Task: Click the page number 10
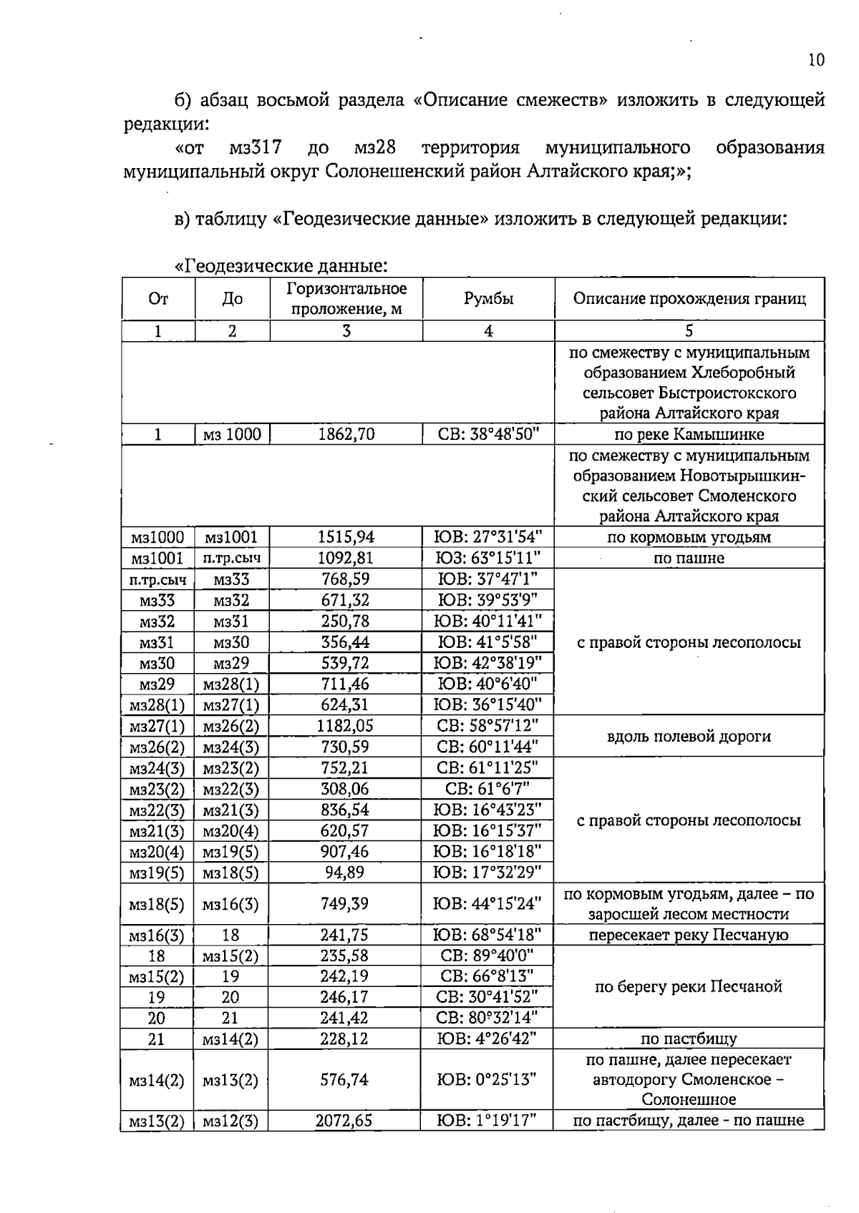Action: (x=816, y=60)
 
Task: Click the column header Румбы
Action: (x=488, y=299)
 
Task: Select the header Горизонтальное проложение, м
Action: (x=346, y=299)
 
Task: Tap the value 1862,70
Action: (x=346, y=435)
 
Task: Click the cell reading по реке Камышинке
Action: (x=689, y=435)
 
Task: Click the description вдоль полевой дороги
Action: (x=689, y=737)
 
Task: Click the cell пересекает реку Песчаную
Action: (x=689, y=935)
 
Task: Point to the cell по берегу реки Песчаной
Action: (x=689, y=987)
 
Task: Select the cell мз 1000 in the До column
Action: (x=232, y=435)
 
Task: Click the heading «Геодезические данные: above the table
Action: (x=281, y=267)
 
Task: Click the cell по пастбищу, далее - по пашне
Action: (x=689, y=1121)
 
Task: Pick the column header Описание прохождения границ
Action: (x=689, y=299)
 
